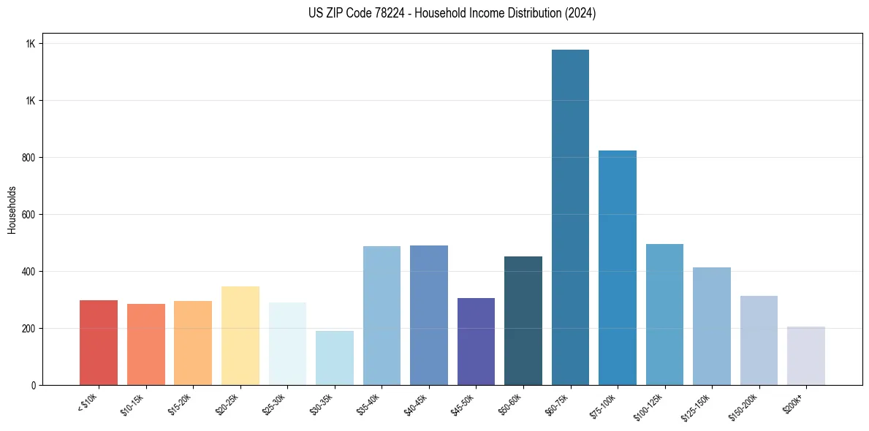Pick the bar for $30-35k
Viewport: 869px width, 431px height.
[335, 357]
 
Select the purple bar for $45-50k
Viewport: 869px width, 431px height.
[476, 341]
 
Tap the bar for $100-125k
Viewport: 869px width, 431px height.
[664, 314]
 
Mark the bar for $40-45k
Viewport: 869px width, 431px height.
[429, 315]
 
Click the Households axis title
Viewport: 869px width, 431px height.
[12, 209]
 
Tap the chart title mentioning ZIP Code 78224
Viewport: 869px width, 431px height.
[452, 13]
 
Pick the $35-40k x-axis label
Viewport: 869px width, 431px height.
[370, 403]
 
